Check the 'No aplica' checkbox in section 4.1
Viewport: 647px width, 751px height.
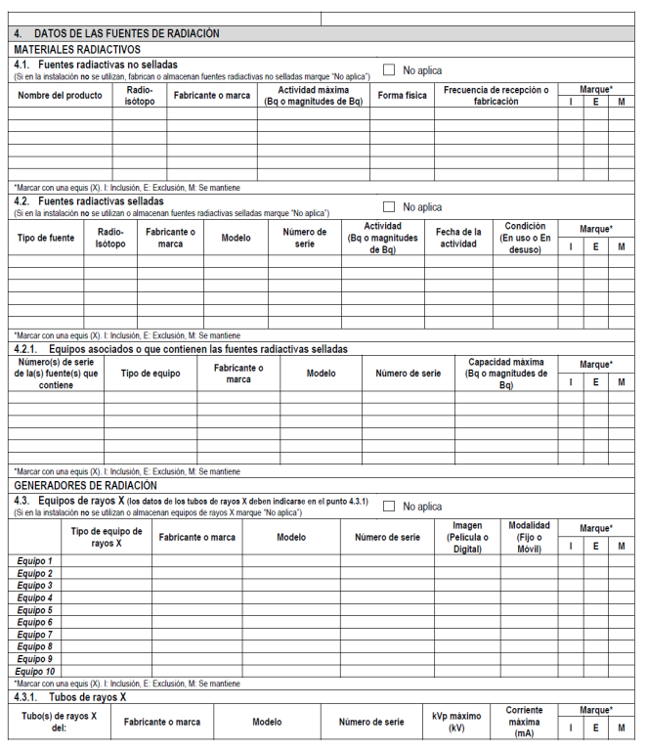point(389,69)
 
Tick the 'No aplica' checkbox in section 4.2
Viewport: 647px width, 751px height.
point(389,206)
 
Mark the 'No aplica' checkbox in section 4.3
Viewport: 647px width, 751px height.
point(389,506)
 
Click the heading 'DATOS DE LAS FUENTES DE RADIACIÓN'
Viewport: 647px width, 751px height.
point(120,33)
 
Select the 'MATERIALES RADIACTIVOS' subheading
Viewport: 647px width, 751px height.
point(77,49)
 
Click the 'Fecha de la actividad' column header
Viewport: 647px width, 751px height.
point(456,239)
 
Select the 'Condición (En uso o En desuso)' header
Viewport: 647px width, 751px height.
point(525,238)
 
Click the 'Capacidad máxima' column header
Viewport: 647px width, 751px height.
point(505,373)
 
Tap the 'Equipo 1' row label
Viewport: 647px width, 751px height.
point(35,561)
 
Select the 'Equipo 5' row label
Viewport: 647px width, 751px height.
point(35,610)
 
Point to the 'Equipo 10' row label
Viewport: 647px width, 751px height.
point(37,672)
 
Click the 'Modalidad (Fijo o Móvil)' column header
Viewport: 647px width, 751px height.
point(529,537)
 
